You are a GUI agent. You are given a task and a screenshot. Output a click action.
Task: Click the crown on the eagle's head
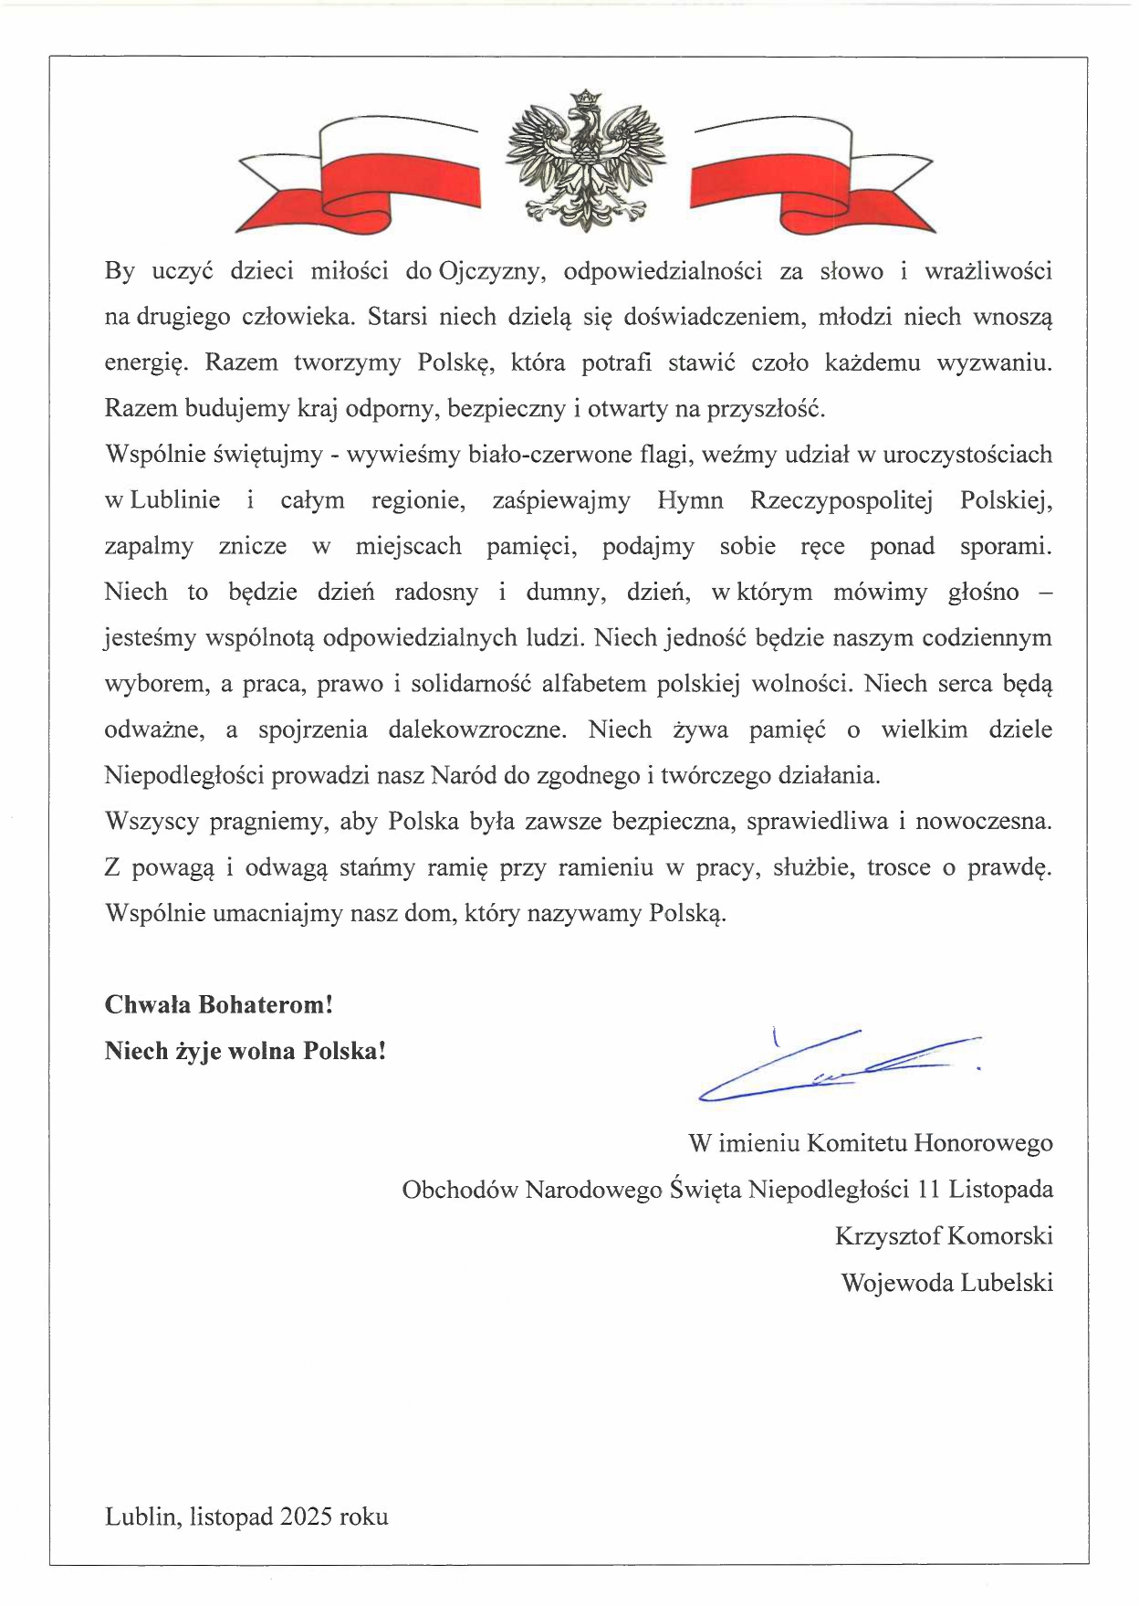(x=584, y=96)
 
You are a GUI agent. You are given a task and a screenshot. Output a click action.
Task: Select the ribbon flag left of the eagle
(x=358, y=173)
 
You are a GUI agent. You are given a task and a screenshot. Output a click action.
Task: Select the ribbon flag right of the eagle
(x=812, y=173)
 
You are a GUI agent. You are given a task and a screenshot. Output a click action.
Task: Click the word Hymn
(x=690, y=501)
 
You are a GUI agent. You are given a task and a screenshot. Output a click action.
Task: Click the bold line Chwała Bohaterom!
(x=219, y=1005)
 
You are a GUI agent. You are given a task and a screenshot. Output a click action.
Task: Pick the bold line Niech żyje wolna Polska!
(x=246, y=1051)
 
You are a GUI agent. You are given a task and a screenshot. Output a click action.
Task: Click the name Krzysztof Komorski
(x=944, y=1236)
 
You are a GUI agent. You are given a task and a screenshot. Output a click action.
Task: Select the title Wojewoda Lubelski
(x=946, y=1283)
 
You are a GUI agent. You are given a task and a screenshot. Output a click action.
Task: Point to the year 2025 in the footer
(x=307, y=1517)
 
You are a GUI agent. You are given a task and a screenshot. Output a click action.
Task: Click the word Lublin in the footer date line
(x=141, y=1517)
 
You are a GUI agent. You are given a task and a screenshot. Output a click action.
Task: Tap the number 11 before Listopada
(x=929, y=1190)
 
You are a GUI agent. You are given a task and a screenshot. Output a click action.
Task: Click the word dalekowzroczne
(x=476, y=730)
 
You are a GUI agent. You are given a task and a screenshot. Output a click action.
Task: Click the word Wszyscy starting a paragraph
(x=152, y=822)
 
